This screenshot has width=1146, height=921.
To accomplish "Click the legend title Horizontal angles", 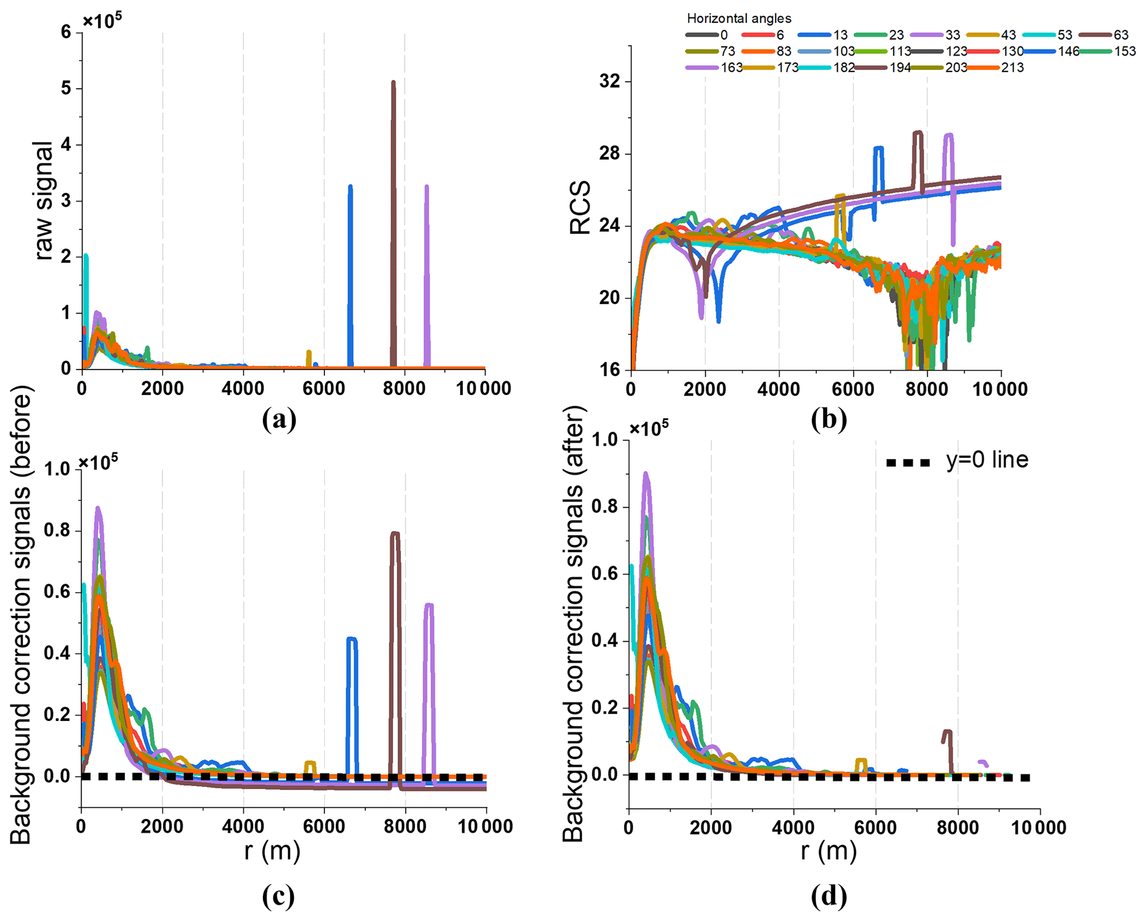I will [739, 18].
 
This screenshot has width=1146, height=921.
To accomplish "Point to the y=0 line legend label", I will [987, 460].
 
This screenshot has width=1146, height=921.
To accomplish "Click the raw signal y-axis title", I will [43, 200].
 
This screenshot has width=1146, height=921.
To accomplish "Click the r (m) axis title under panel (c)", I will [272, 850].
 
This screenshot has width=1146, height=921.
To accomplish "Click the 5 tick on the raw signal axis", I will [67, 89].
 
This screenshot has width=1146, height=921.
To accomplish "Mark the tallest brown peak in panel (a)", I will [393, 83].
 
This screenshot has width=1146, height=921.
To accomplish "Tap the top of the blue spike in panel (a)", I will [350, 187].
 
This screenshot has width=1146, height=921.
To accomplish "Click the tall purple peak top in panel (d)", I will [645, 474].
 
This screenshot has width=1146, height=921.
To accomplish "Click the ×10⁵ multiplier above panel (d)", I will [649, 427].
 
